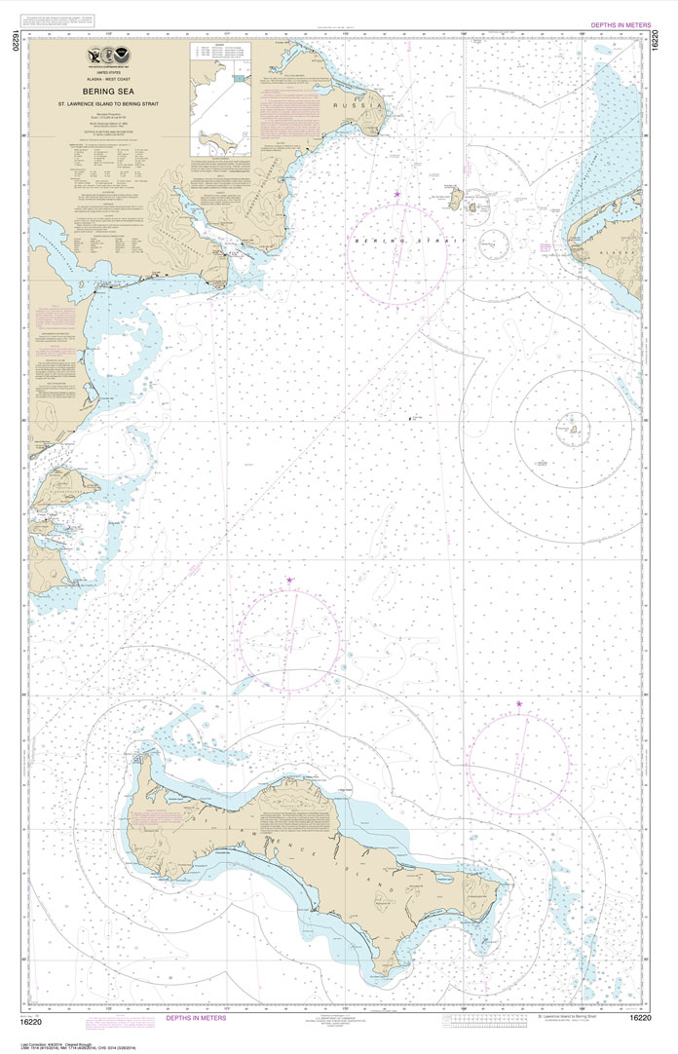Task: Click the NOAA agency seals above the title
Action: point(107,56)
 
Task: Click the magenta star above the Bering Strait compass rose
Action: point(397,195)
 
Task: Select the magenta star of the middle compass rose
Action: point(289,581)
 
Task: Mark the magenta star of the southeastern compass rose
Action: point(519,703)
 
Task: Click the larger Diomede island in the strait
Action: point(454,200)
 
